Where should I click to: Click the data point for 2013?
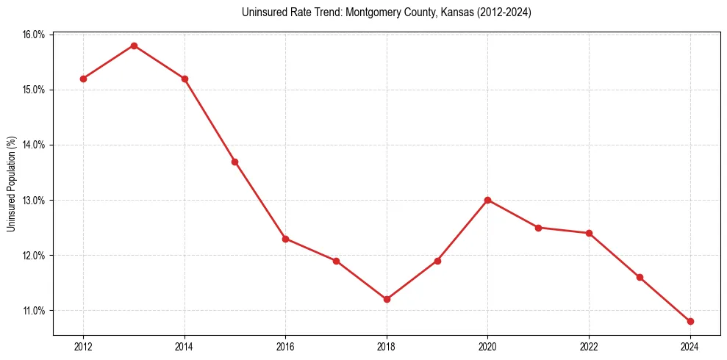click(x=134, y=46)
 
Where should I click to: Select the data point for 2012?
click(x=83, y=79)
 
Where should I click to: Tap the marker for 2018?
click(x=387, y=299)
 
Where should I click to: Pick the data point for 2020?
click(x=487, y=200)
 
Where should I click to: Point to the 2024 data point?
click(x=690, y=321)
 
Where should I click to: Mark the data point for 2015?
click(x=234, y=162)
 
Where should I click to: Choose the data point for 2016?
click(x=285, y=239)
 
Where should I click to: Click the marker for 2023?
click(x=640, y=277)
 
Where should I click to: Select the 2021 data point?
click(x=538, y=228)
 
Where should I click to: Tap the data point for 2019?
click(x=437, y=261)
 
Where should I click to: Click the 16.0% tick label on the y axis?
click(x=35, y=35)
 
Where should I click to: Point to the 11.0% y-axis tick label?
click(x=35, y=311)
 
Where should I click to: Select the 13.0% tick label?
click(x=35, y=201)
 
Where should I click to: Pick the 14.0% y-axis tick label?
click(x=35, y=145)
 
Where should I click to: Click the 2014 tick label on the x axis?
click(x=185, y=347)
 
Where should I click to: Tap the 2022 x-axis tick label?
click(x=589, y=347)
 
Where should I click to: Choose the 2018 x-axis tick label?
click(x=387, y=347)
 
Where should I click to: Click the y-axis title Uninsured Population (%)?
click(x=12, y=184)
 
